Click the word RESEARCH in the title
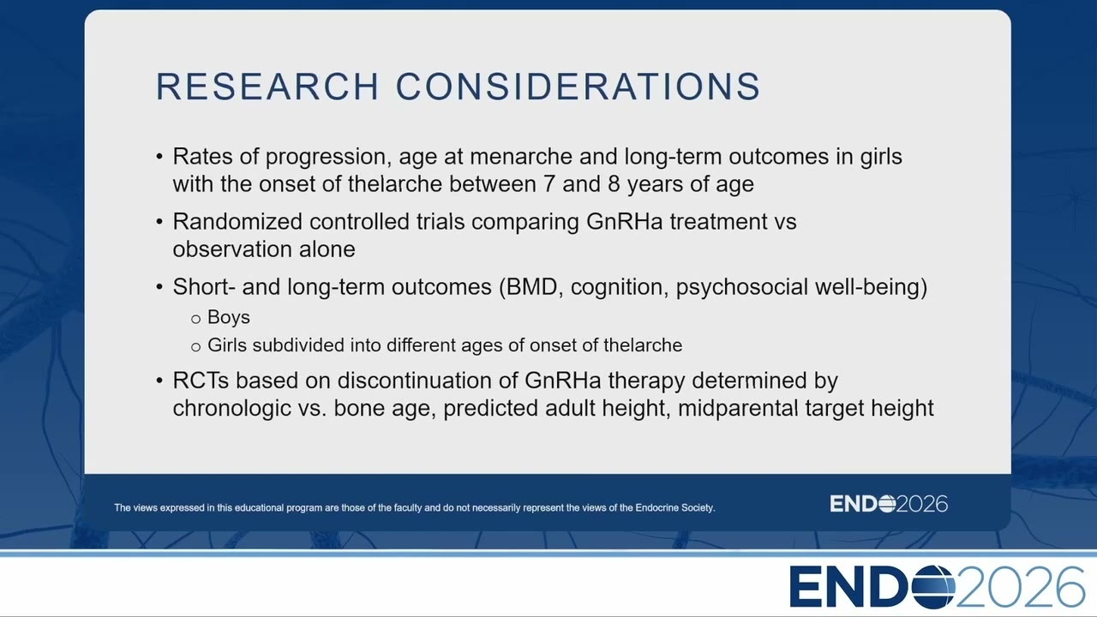[x=267, y=87]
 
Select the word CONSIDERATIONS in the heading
[x=578, y=87]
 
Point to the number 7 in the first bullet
[x=549, y=184]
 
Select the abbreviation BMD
[x=531, y=287]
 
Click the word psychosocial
[x=741, y=287]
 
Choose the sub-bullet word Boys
[x=229, y=317]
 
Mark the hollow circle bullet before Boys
[x=196, y=320]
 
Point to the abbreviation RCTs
[x=201, y=380]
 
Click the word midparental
[x=738, y=409]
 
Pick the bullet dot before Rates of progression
[x=159, y=157]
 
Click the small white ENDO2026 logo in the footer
[x=889, y=504]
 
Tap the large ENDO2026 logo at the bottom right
[x=938, y=587]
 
